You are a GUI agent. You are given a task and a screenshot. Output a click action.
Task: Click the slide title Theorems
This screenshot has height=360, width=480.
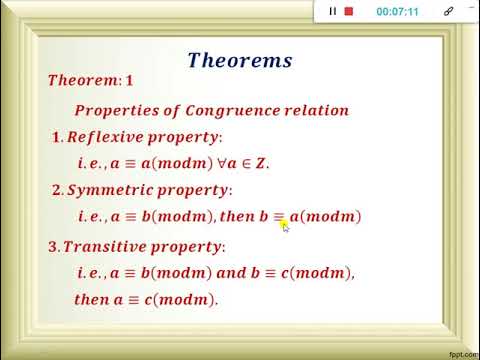point(240,60)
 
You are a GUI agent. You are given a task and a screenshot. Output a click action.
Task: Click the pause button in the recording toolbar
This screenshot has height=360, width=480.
point(333,11)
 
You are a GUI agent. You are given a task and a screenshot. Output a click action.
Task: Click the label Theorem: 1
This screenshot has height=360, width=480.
point(90,80)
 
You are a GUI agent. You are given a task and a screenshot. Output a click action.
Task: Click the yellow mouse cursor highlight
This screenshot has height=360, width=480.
point(284,226)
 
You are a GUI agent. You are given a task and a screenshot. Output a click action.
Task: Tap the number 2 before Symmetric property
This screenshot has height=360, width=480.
point(56,190)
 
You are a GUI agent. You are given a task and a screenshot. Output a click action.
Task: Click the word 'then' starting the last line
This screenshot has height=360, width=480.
point(92,299)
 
